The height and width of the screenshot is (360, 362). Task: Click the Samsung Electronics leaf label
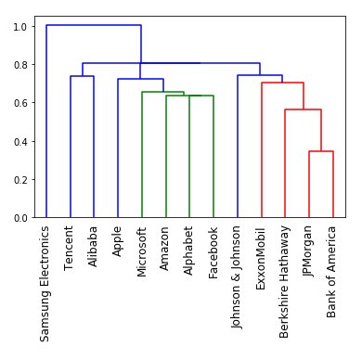pyautogui.click(x=45, y=283)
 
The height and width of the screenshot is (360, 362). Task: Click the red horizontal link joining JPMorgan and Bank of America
pyautogui.click(x=321, y=151)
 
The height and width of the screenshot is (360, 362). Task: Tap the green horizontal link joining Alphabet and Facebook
pyautogui.click(x=201, y=96)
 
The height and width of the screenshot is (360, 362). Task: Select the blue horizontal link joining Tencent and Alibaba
pyautogui.click(x=82, y=76)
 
